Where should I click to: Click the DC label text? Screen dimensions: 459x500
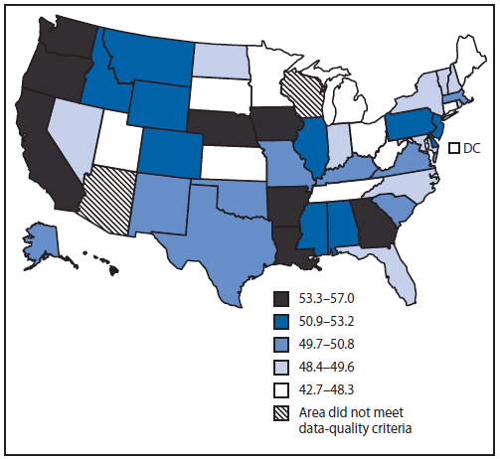click(x=472, y=148)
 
